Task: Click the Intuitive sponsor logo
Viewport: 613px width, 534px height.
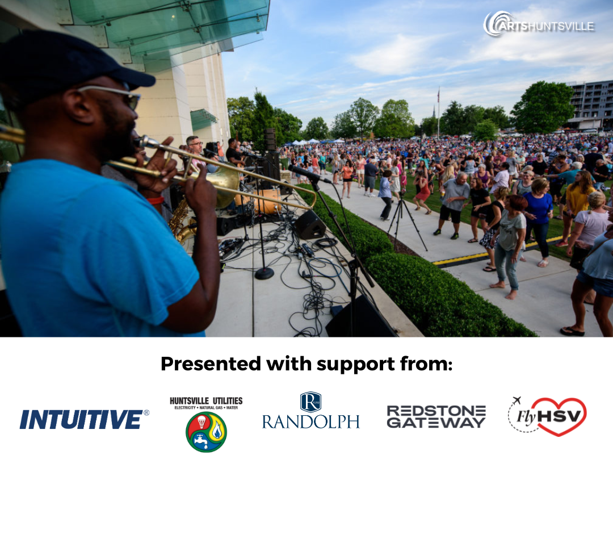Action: click(x=84, y=419)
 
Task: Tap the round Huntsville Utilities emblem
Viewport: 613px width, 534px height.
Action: click(x=206, y=432)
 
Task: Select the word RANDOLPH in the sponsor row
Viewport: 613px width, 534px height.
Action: click(x=311, y=422)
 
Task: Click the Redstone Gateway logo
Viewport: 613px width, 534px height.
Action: click(x=436, y=416)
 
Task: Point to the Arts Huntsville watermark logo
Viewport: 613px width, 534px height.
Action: click(x=539, y=24)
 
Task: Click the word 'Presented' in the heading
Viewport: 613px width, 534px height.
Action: click(x=211, y=364)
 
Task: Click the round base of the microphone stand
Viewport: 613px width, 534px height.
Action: click(x=264, y=273)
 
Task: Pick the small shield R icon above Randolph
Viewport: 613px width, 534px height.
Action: click(x=310, y=402)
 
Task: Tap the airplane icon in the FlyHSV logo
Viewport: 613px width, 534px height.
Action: click(x=517, y=400)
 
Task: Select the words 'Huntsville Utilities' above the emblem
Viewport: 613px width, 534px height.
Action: click(x=206, y=401)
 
